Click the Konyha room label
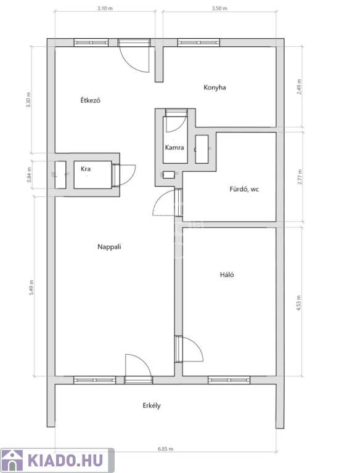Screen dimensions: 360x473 (x=215, y=88)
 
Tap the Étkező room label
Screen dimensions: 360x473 (x=90, y=100)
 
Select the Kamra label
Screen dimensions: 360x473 (x=174, y=148)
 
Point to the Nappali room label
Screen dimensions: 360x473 (x=109, y=247)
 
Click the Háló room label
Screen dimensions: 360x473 (x=227, y=275)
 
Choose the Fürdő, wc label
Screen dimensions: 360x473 (x=244, y=190)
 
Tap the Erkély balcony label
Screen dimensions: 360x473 (x=152, y=406)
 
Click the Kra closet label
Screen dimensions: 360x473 (x=86, y=169)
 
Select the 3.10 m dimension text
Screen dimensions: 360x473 (x=105, y=9)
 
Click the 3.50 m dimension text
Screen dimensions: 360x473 (x=219, y=9)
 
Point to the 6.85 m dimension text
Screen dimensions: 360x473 (x=165, y=449)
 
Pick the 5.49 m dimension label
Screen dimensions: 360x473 (x=31, y=288)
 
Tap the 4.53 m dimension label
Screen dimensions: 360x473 (x=299, y=303)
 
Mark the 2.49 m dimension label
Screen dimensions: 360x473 (x=299, y=87)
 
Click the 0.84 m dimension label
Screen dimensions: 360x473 (x=30, y=175)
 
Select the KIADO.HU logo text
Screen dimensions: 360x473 (x=65, y=460)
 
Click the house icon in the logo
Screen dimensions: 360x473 (x=12, y=460)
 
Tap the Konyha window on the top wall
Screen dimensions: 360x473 (x=198, y=42)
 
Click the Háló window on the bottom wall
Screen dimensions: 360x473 (x=229, y=380)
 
